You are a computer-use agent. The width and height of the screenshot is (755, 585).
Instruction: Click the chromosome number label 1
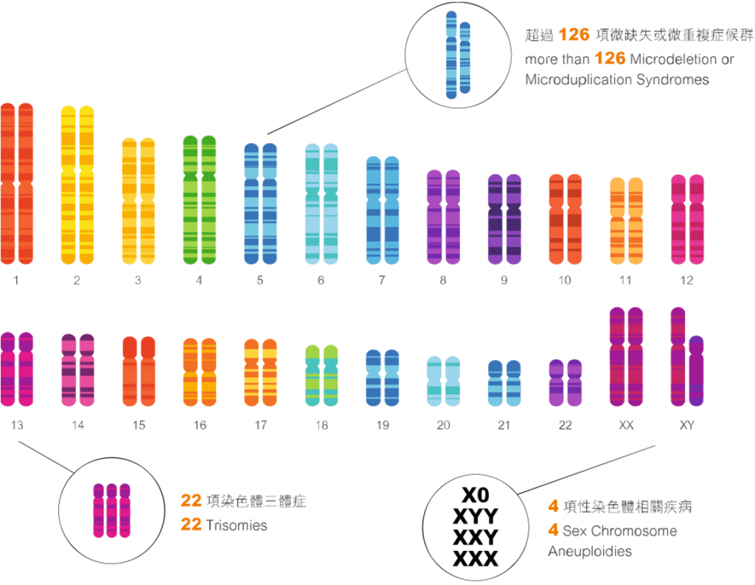tap(16, 280)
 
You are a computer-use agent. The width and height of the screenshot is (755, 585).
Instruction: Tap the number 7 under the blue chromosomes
tap(382, 280)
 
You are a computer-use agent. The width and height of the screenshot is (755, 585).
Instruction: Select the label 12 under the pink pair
tap(686, 280)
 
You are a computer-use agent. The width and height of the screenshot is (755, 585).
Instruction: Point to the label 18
tap(321, 425)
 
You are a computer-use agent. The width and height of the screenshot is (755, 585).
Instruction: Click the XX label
tap(626, 425)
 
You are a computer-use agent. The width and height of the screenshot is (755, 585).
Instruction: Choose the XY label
tap(686, 425)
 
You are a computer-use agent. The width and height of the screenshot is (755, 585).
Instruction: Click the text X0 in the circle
tap(476, 495)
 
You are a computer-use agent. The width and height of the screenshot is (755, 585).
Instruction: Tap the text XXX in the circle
tap(476, 558)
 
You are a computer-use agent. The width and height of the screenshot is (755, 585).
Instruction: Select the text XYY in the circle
tap(476, 516)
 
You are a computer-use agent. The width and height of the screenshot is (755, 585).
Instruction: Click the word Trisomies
tap(237, 526)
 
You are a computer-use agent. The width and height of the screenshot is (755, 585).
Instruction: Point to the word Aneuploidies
tap(590, 551)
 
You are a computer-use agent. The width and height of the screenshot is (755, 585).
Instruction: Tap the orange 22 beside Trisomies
tap(190, 526)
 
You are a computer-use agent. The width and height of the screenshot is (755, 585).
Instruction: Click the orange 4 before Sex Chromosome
tap(553, 530)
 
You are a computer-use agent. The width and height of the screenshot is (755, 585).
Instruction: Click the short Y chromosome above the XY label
tap(696, 373)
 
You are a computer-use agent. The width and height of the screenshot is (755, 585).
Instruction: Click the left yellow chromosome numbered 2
tap(68, 184)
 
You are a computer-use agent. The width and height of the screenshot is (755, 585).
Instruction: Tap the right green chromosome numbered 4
tap(209, 199)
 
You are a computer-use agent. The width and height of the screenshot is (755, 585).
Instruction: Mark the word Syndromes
tap(672, 80)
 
